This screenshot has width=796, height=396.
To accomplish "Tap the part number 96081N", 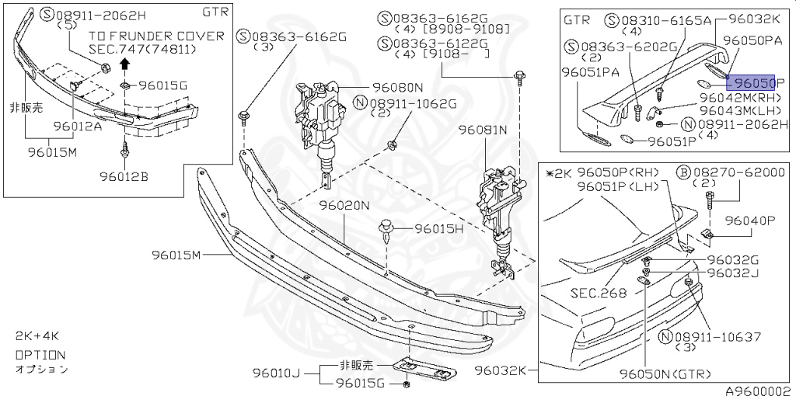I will click(x=482, y=130).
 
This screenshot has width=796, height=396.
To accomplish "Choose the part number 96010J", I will click(x=275, y=373).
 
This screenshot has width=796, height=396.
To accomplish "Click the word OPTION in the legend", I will click(x=40, y=354).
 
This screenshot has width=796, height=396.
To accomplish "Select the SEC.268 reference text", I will click(x=598, y=293).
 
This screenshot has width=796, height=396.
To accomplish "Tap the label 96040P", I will click(x=751, y=221).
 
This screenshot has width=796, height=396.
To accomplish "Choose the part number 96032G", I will click(x=733, y=259).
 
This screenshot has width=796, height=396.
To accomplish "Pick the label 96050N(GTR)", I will click(x=665, y=374).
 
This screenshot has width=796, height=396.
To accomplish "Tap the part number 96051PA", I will click(x=592, y=71).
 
